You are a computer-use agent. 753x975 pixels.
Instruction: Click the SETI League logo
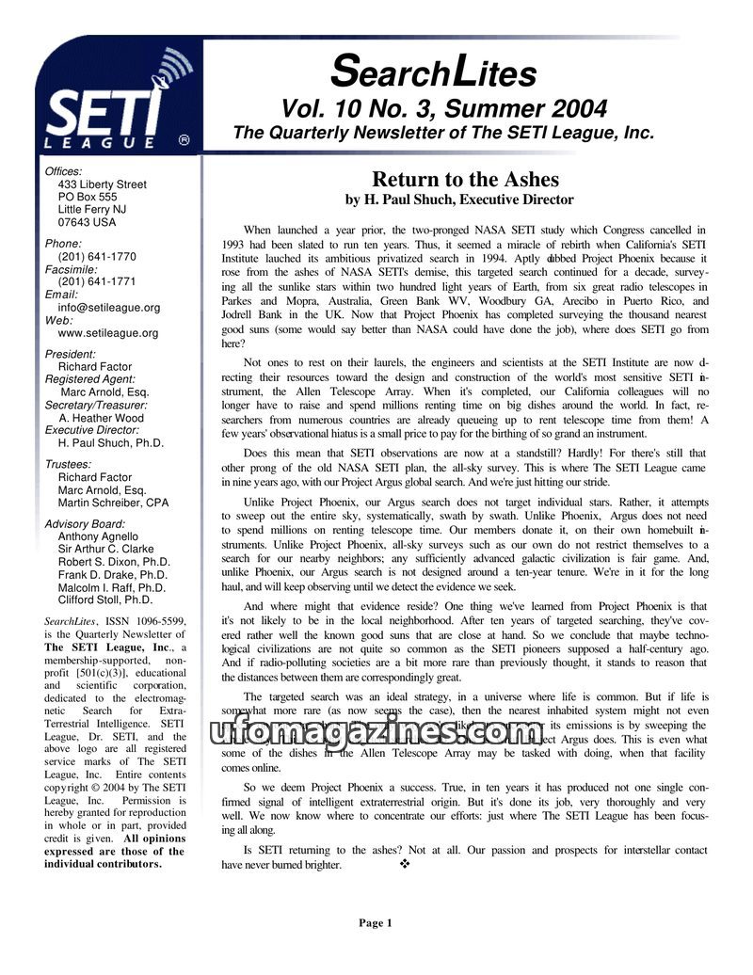coord(113,108)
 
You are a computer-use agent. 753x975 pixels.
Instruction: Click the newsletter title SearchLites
coord(435,72)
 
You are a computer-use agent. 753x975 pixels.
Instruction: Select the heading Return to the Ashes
coord(465,179)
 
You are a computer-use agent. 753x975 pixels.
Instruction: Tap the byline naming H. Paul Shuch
coord(458,200)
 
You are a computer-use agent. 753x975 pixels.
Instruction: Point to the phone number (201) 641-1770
coord(97,256)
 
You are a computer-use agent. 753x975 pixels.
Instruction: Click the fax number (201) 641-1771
coord(97,281)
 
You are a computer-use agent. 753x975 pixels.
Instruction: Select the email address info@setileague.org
coord(109,307)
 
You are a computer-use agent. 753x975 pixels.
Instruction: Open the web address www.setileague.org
coord(108,332)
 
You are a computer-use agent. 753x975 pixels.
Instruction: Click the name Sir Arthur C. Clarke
coord(105,549)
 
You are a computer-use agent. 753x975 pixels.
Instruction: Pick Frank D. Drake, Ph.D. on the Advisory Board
coord(113,574)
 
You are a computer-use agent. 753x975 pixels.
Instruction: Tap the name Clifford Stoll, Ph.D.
coord(105,599)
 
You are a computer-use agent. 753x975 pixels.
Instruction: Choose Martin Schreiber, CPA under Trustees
coord(113,503)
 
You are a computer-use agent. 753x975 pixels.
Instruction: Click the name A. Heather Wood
coord(101,418)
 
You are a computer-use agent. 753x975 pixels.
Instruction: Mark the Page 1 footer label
coord(375,923)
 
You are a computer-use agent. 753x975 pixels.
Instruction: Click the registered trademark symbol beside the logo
coord(184,139)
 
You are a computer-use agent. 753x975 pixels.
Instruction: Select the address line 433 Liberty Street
coord(102,184)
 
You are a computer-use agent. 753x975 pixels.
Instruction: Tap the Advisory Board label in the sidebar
coord(85,524)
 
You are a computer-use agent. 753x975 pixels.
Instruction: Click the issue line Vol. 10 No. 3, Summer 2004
coord(443,108)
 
